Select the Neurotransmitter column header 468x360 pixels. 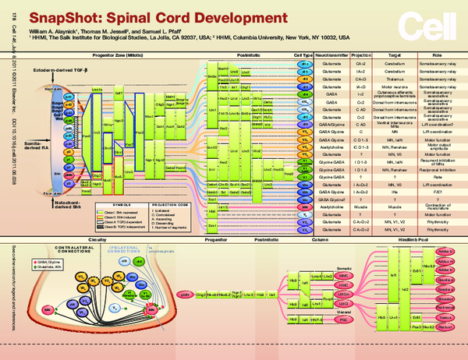(x=332, y=56)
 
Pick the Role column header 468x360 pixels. (x=435, y=56)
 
